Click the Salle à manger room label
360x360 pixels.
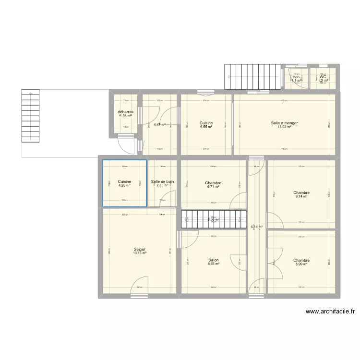tap(284, 123)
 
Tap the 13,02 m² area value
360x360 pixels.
tap(284, 127)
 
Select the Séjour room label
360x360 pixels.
tap(140, 249)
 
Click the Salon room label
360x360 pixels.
tap(214, 260)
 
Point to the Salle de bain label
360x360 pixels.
tap(162, 181)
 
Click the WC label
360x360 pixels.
tap(323, 77)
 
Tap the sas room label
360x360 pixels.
tap(296, 77)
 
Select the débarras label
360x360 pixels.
tap(125, 112)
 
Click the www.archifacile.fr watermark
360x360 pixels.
tap(330, 312)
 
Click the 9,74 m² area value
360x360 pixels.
tap(301, 196)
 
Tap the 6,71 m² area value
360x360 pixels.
tap(213, 187)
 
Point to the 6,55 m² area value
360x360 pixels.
tap(206, 127)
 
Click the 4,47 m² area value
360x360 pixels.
tap(159, 124)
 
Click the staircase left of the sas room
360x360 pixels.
tap(252, 77)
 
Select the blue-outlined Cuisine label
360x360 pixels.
tap(124, 181)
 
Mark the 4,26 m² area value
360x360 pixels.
tap(124, 185)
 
